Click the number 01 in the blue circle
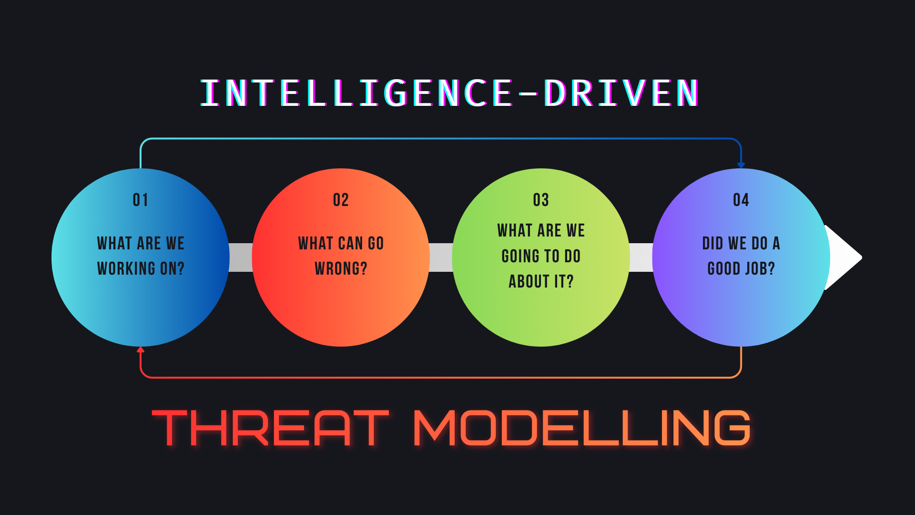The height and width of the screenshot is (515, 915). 141,200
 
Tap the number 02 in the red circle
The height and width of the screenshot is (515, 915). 341,200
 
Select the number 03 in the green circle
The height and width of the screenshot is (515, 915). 541,200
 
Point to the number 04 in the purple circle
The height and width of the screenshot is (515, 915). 741,200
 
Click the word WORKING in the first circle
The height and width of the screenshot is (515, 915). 126,268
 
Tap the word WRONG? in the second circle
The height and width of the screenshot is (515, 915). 341,268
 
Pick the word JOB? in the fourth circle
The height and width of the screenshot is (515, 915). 760,268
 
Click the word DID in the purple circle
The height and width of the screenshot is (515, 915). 713,243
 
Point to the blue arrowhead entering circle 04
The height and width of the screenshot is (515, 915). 741,165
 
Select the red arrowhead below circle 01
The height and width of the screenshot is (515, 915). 141,350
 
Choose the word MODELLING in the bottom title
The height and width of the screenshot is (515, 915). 581,428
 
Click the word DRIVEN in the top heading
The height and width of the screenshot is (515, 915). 620,93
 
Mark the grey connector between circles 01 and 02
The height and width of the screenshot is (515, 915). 241,257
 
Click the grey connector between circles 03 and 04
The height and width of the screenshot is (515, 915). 641,257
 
